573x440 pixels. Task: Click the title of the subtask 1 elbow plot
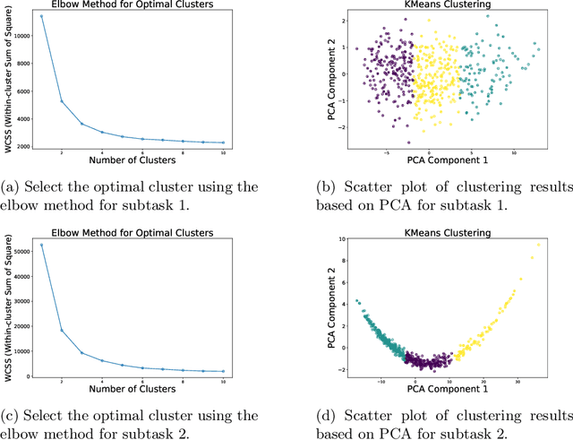click(x=132, y=5)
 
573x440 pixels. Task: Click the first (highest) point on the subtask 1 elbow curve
click(x=41, y=16)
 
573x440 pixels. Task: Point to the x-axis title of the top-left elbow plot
click(x=132, y=160)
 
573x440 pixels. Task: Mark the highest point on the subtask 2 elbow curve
click(x=41, y=245)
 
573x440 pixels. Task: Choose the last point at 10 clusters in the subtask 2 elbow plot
click(x=222, y=371)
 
